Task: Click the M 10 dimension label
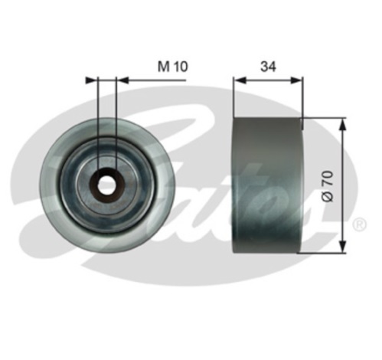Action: pos(172,67)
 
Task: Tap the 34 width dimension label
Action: pos(268,67)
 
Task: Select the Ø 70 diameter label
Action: pos(328,186)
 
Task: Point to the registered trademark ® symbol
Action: pos(360,224)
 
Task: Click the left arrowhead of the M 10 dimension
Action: pos(92,80)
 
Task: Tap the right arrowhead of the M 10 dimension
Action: pos(122,80)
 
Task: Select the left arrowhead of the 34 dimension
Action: pos(240,80)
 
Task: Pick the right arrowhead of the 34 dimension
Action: pos(297,80)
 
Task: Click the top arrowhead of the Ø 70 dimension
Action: pos(344,124)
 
